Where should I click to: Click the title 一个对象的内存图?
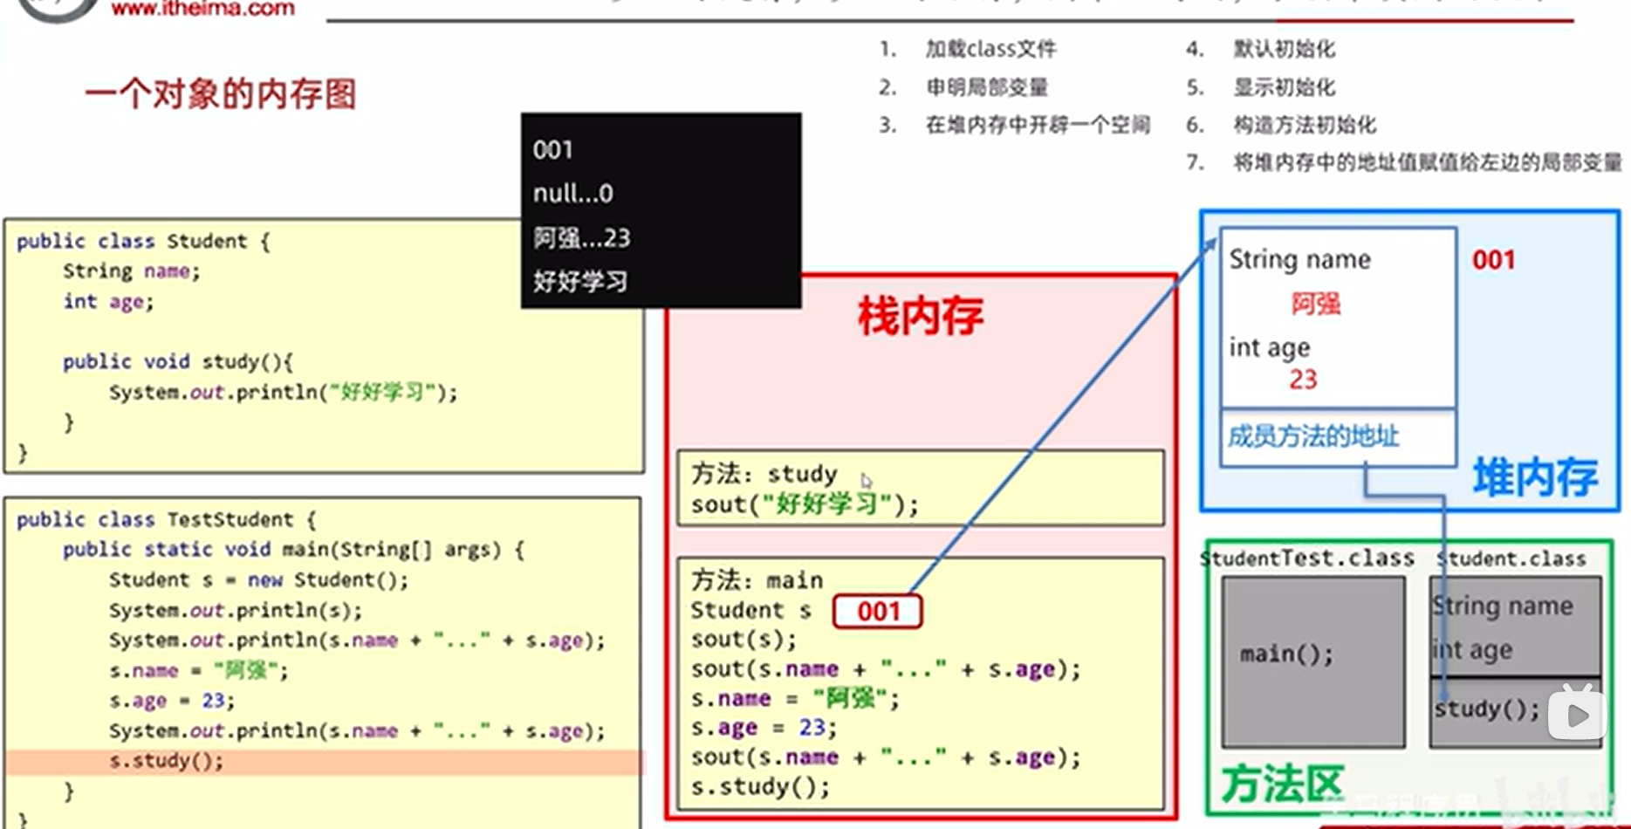221,94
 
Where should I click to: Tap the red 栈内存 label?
920,316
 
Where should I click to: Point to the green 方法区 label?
1281,784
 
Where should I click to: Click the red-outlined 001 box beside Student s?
877,611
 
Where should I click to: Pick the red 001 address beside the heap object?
1493,260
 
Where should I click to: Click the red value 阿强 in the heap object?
1315,304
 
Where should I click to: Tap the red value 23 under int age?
1303,380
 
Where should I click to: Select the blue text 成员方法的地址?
1313,435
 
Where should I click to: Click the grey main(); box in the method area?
1312,661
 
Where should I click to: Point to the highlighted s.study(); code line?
166,761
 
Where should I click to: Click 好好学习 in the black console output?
580,282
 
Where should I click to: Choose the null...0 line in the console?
572,193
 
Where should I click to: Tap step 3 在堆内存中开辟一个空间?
1037,125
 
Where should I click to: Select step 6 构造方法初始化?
1304,125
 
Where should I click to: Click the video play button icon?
1577,715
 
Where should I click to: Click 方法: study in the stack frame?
764,474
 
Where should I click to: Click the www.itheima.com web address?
202,10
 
